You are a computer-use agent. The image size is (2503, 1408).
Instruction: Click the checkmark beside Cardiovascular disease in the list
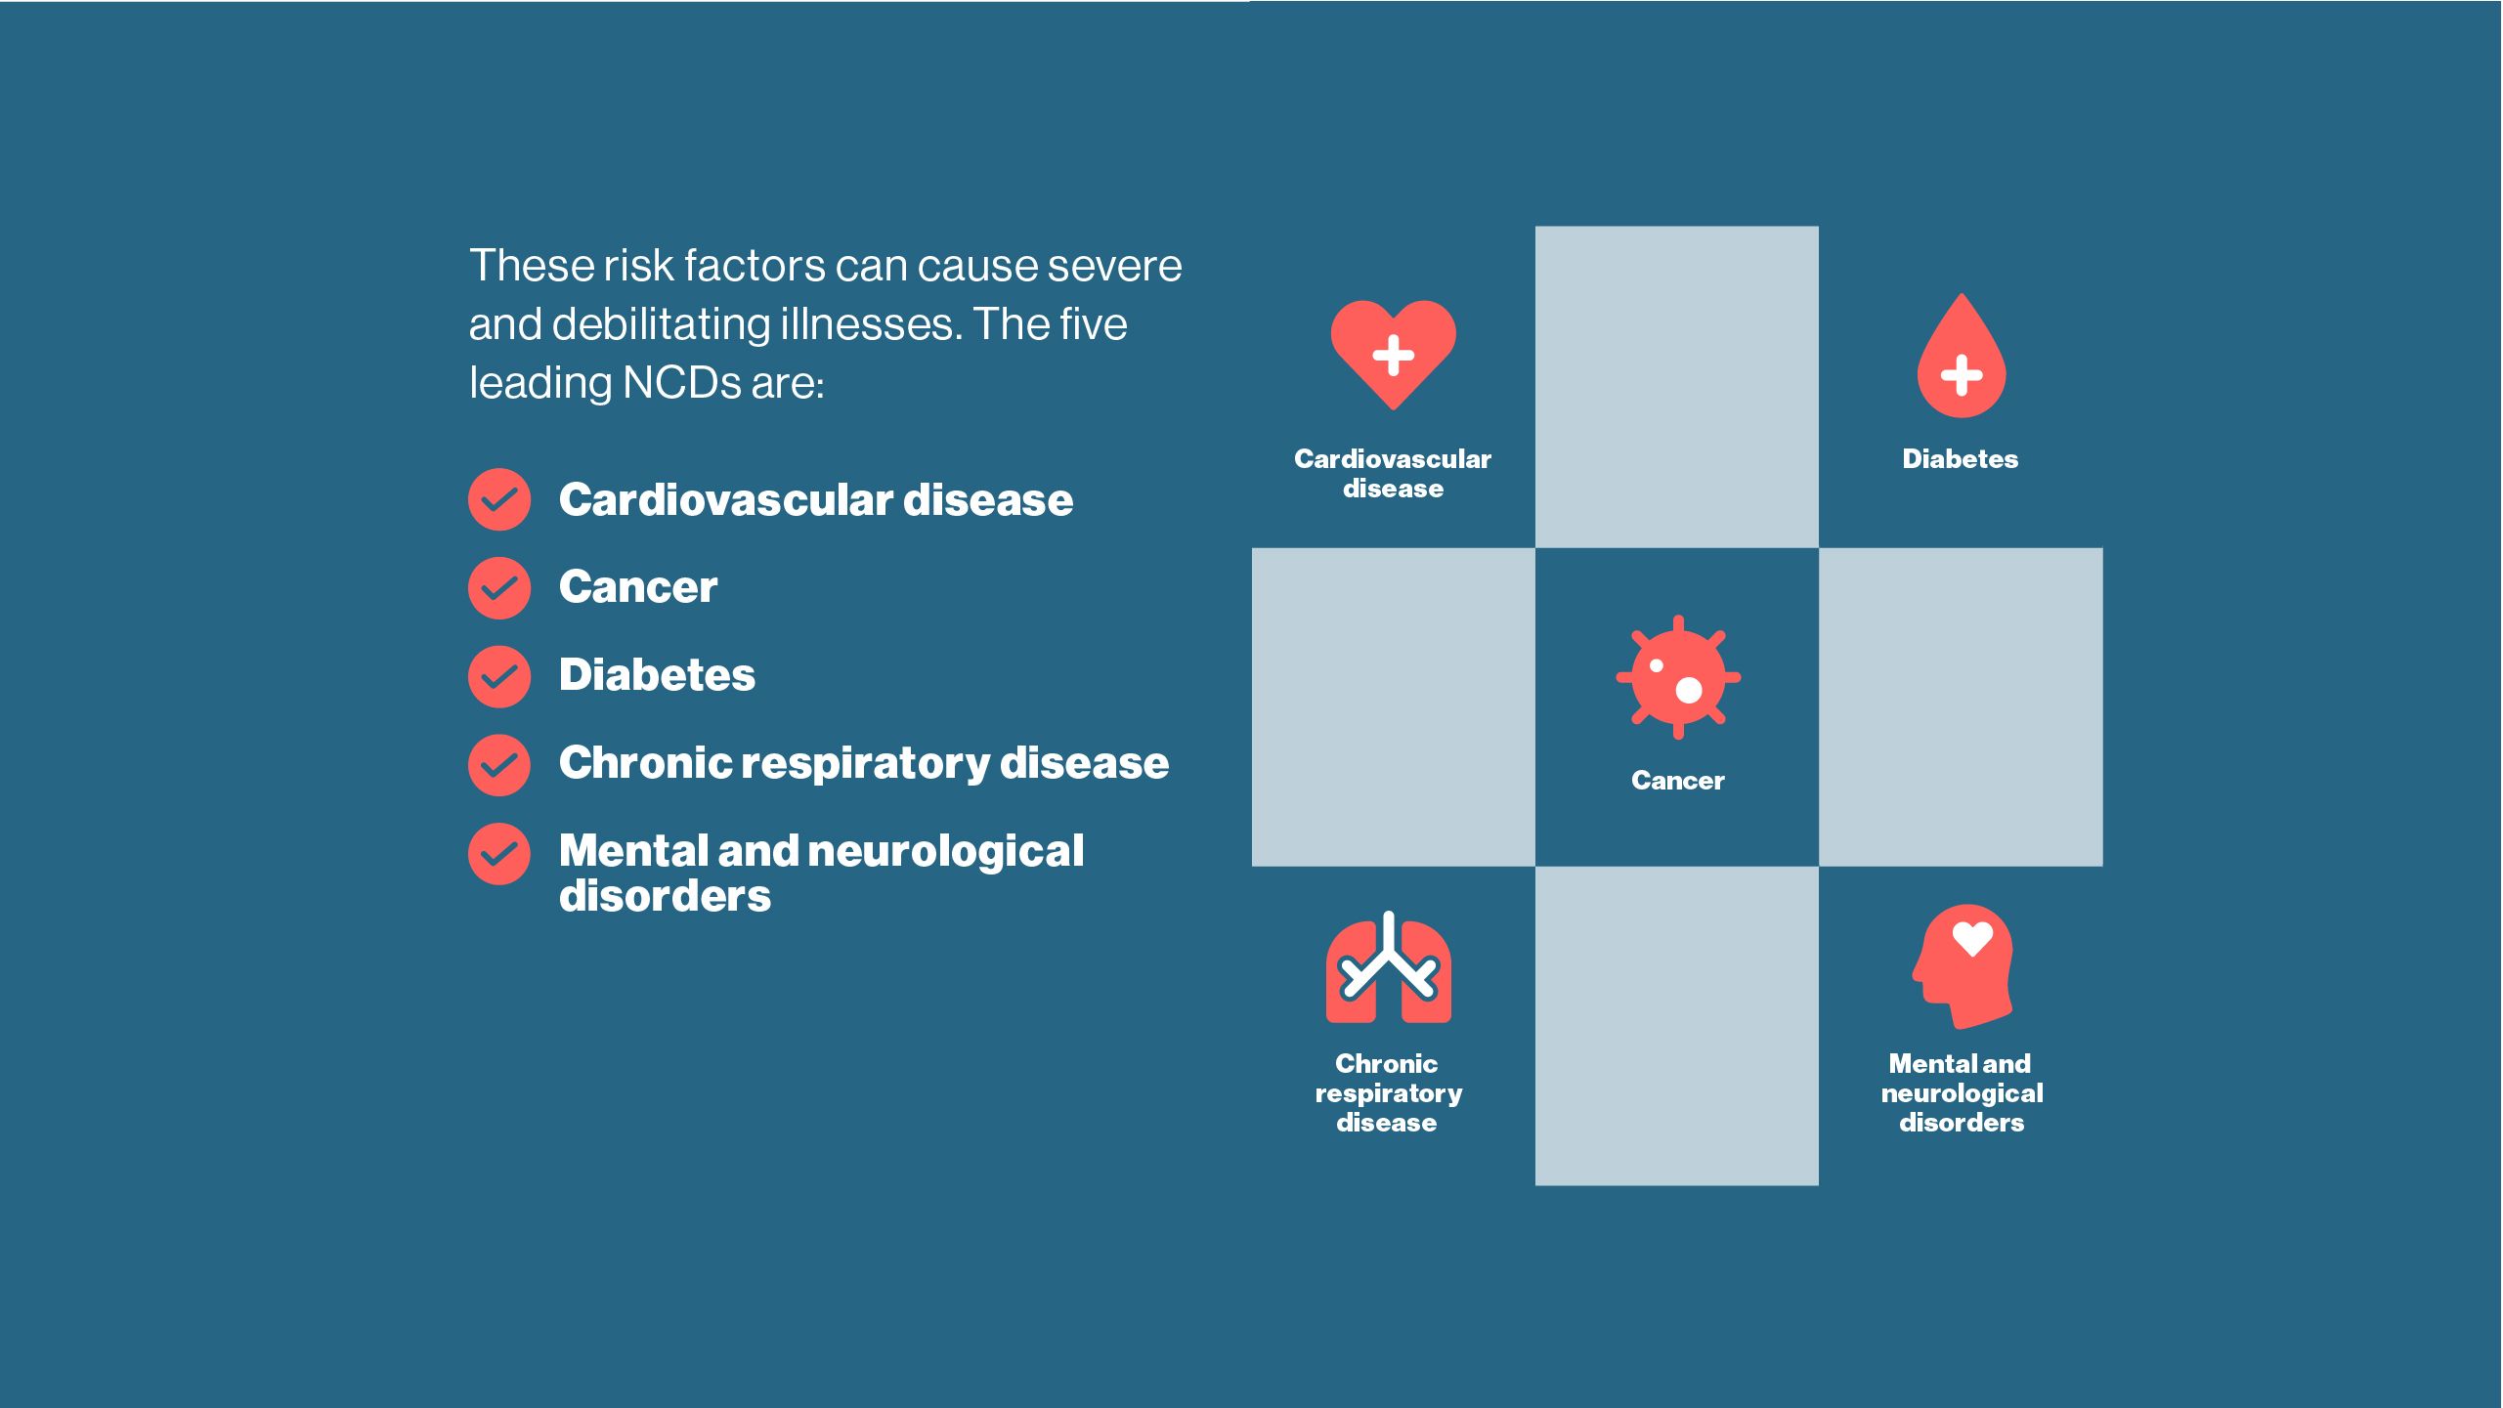(x=499, y=499)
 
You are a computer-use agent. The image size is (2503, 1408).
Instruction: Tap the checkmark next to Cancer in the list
(x=499, y=587)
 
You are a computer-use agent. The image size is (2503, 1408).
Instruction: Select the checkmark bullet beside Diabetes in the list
(x=499, y=675)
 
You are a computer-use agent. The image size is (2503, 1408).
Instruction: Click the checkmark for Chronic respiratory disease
(x=499, y=764)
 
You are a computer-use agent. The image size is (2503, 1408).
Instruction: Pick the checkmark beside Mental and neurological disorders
(x=499, y=853)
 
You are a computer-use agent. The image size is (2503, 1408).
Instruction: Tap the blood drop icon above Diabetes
(x=1961, y=357)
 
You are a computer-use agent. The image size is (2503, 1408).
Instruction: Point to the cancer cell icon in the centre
(x=1678, y=676)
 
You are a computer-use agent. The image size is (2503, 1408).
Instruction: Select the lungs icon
(x=1388, y=967)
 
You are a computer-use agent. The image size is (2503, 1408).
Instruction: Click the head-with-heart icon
(x=1963, y=965)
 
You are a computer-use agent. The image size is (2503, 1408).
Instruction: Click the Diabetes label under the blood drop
(x=1960, y=459)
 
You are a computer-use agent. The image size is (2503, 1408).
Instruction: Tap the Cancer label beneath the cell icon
(x=1677, y=781)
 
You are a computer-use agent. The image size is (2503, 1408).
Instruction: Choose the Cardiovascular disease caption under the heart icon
(x=1393, y=473)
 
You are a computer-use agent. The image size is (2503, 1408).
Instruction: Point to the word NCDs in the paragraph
(x=681, y=382)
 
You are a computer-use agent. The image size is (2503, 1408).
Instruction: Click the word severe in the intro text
(x=1115, y=266)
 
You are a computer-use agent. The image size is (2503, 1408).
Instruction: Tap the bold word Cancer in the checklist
(x=638, y=587)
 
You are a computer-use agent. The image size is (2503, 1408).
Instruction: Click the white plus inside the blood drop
(x=1961, y=375)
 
